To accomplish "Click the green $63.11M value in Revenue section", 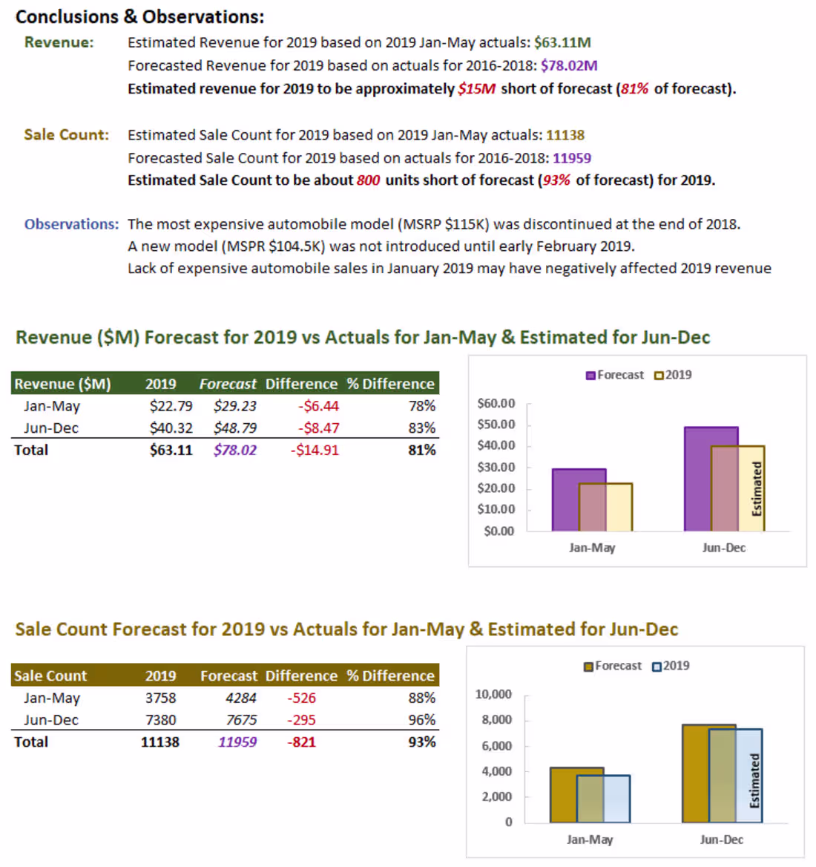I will tap(562, 42).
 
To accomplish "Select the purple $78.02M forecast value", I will tap(569, 65).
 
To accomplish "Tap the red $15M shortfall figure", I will tap(476, 88).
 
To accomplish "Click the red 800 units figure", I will tap(368, 180).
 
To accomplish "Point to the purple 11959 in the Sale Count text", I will tap(572, 158).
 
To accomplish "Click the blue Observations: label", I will tap(70, 224).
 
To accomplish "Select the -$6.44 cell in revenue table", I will tap(318, 406).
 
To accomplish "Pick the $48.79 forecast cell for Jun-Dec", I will tap(234, 428).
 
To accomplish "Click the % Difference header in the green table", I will tap(390, 384).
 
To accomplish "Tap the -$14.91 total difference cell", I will tap(315, 450).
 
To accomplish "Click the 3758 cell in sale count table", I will tap(160, 698).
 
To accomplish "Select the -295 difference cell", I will tap(301, 720).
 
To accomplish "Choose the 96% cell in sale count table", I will tap(421, 720).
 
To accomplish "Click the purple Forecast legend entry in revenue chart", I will tap(615, 375).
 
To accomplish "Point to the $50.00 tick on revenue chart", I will tap(496, 425).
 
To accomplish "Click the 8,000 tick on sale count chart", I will tap(496, 720).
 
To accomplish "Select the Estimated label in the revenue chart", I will tap(757, 488).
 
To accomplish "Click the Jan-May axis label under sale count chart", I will tap(590, 840).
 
